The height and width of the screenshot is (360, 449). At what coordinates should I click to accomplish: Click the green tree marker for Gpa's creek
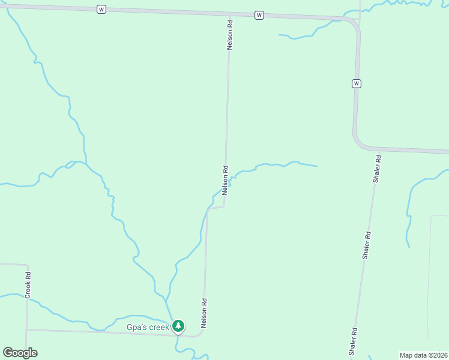pyautogui.click(x=178, y=326)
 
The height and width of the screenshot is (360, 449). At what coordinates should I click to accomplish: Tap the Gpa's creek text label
pyautogui.click(x=148, y=328)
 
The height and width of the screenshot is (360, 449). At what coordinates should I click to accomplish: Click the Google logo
pyautogui.click(x=20, y=353)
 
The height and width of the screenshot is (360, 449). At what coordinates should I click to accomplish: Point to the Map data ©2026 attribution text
pyautogui.click(x=423, y=355)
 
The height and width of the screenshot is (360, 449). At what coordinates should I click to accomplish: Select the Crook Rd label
pyautogui.click(x=28, y=285)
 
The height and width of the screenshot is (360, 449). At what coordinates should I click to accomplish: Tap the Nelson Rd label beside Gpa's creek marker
pyautogui.click(x=204, y=313)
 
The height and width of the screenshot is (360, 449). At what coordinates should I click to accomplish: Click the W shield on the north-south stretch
pyautogui.click(x=357, y=83)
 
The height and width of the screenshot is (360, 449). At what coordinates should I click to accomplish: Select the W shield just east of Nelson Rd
pyautogui.click(x=259, y=15)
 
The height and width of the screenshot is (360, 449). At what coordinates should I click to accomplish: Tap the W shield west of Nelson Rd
pyautogui.click(x=101, y=10)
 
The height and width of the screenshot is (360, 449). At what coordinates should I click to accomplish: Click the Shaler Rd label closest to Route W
pyautogui.click(x=377, y=169)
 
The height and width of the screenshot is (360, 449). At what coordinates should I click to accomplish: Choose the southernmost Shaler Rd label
pyautogui.click(x=355, y=340)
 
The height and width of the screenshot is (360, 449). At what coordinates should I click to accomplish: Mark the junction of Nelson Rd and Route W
pyautogui.click(x=229, y=14)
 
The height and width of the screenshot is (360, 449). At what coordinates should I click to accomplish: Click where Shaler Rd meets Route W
pyautogui.click(x=379, y=148)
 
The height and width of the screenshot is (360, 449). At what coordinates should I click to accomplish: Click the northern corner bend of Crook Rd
pyautogui.click(x=27, y=265)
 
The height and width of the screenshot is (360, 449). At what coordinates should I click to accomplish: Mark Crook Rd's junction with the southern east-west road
pyautogui.click(x=26, y=329)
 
